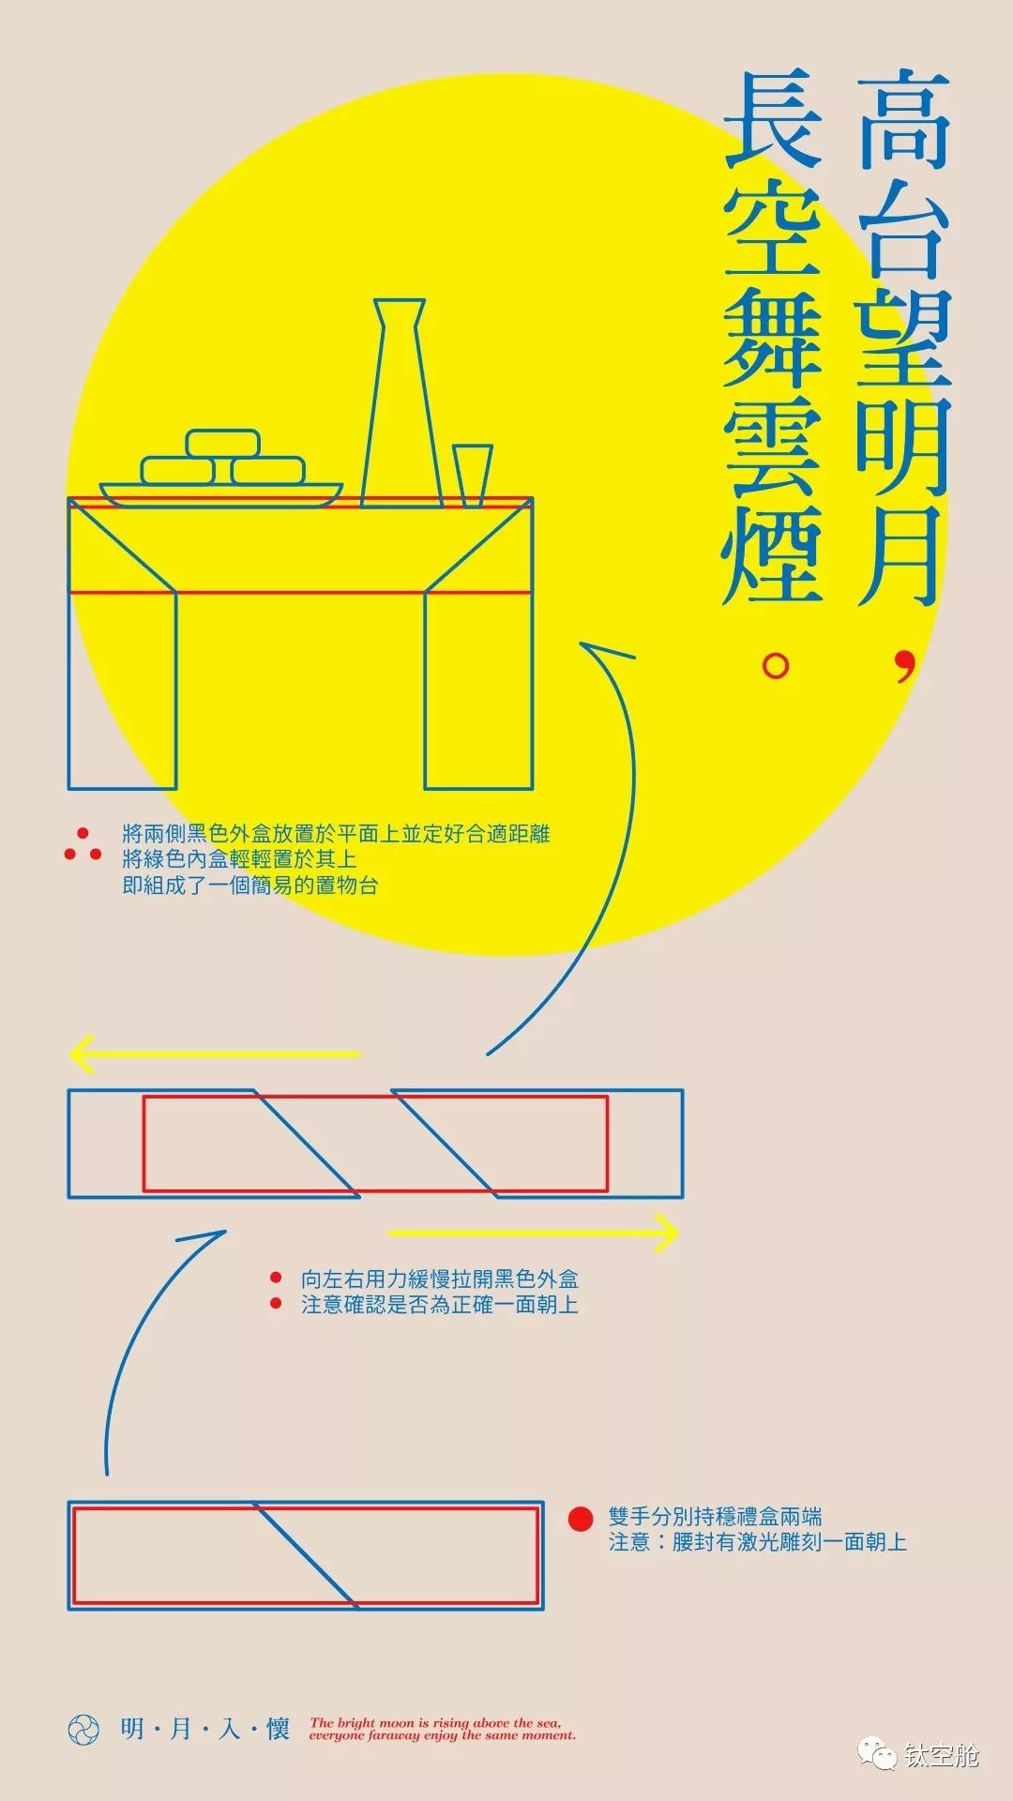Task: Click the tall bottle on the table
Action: tap(401, 413)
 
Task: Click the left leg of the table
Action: tap(122, 689)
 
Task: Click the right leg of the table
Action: tap(478, 689)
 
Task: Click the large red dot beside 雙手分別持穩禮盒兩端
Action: tap(581, 1519)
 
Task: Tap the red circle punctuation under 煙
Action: tap(776, 667)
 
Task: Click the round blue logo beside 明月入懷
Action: tap(83, 1730)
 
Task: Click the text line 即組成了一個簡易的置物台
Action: tap(249, 885)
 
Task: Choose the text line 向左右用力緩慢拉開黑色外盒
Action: tap(439, 1279)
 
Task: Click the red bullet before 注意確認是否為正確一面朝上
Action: tap(276, 1303)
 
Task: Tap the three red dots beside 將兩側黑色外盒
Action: tap(83, 847)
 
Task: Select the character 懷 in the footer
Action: tap(278, 1729)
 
